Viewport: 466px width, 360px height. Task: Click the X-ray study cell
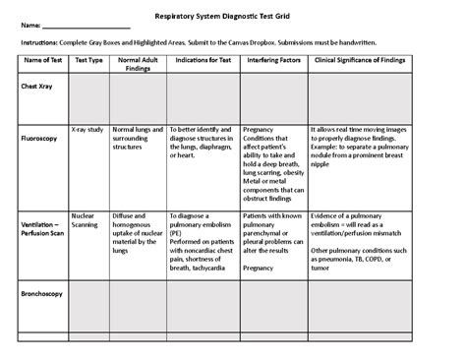click(88, 128)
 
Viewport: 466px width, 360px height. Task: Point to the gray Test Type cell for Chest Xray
click(88, 98)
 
